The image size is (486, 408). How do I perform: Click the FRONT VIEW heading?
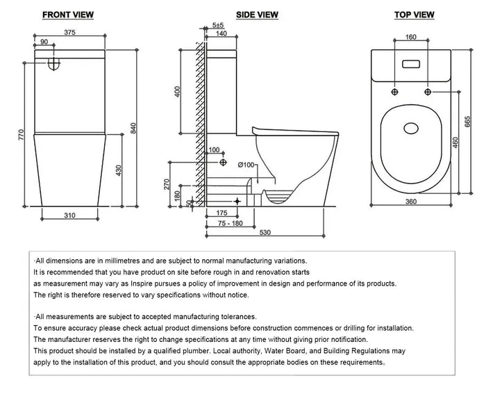(x=68, y=15)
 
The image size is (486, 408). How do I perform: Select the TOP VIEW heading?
(x=414, y=15)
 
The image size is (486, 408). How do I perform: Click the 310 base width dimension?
(x=69, y=216)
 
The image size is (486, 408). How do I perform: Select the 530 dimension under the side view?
(x=265, y=233)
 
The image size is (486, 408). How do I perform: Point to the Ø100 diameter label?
(x=249, y=165)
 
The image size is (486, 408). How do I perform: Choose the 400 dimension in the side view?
(x=177, y=92)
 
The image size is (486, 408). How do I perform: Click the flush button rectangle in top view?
(x=411, y=64)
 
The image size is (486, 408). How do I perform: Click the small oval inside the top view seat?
(x=411, y=129)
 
